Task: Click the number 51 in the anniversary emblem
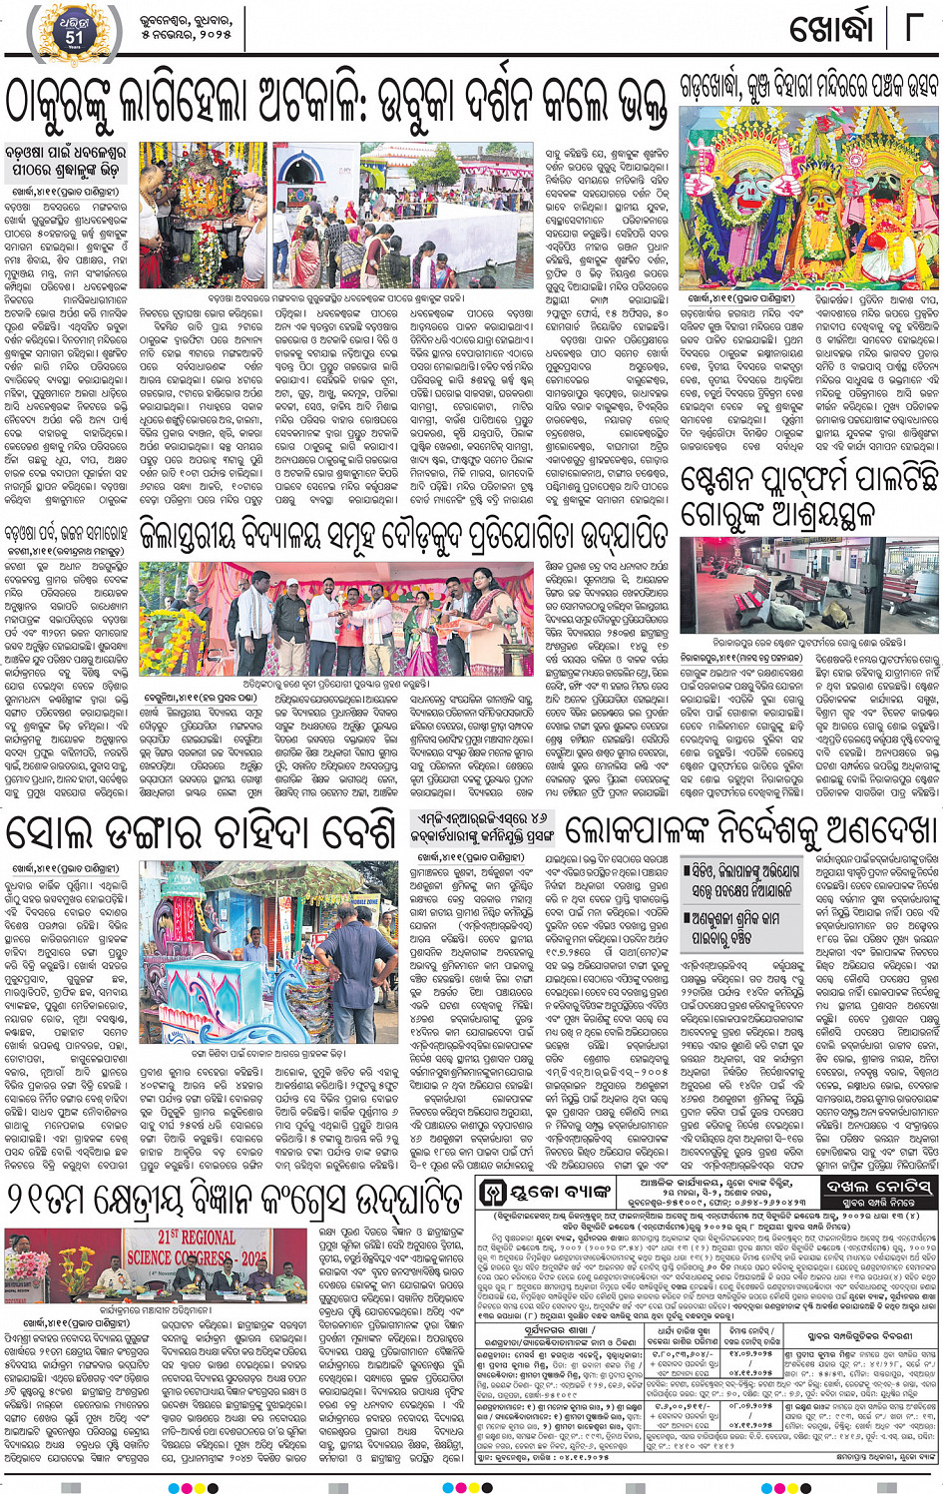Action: coord(74,37)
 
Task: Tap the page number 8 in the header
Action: coord(911,28)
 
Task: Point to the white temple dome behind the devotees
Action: coord(309,176)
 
